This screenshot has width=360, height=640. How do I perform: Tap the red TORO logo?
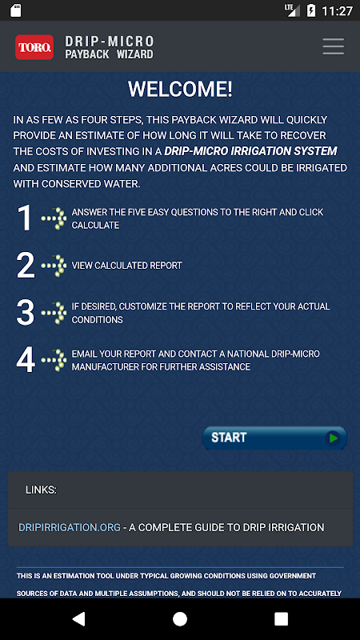(x=34, y=47)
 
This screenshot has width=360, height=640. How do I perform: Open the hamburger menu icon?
(x=333, y=46)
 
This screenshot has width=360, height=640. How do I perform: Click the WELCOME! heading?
(x=180, y=89)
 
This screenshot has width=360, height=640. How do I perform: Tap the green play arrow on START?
(x=334, y=438)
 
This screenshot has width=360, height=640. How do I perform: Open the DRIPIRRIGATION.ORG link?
(x=70, y=527)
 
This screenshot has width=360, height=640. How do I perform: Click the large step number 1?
(x=24, y=218)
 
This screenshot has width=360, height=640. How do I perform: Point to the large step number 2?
(x=26, y=266)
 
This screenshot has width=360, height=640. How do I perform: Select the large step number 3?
(x=26, y=313)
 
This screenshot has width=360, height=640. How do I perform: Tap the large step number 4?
(x=26, y=360)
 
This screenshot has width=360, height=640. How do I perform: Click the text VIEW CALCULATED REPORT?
(x=127, y=266)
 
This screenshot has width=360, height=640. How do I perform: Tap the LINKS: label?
(x=42, y=490)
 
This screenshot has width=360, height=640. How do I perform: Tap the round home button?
(x=180, y=618)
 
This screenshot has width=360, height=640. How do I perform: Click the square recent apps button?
(x=282, y=618)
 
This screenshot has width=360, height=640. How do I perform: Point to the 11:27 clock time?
(x=337, y=11)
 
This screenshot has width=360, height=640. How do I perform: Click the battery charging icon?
(x=311, y=10)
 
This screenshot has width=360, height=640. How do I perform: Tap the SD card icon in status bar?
(x=15, y=10)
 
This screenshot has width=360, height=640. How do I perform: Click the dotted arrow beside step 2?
(x=54, y=266)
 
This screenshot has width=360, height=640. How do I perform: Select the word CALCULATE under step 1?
(x=95, y=226)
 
